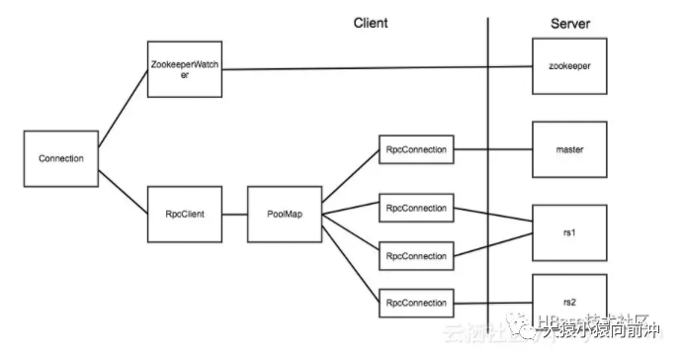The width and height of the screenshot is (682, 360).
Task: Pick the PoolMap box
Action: click(285, 211)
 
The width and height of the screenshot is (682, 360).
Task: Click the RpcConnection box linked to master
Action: click(416, 151)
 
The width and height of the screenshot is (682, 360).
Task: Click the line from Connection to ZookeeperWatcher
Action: click(121, 114)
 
